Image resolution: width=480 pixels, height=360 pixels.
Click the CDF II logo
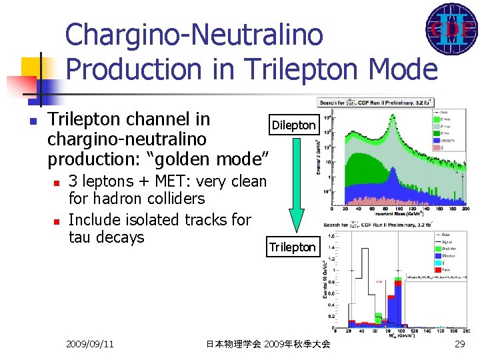[x=451, y=29]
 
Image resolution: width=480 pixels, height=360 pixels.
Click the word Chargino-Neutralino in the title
[x=194, y=35]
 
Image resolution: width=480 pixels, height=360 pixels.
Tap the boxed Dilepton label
[x=293, y=125]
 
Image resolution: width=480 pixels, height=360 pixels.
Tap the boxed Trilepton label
[x=292, y=247]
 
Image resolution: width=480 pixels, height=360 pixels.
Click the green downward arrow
[x=296, y=187]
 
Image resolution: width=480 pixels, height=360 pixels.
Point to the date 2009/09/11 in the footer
[x=89, y=344]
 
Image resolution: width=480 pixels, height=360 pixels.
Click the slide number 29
[x=459, y=344]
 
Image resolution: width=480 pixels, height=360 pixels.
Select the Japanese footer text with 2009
[x=268, y=344]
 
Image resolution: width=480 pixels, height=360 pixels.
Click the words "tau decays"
[x=106, y=237]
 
